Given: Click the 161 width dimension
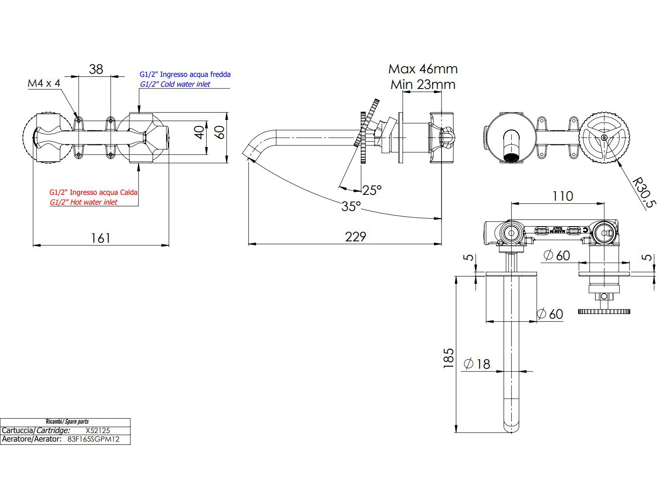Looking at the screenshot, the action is point(100,238).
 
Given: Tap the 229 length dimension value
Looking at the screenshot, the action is point(355,237).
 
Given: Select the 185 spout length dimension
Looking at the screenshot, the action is point(449,358).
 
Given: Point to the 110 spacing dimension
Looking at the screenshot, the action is point(563,196).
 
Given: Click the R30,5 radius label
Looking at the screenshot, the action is point(644,193).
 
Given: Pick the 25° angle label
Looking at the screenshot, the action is point(372,190).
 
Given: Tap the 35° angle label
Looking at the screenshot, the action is point(351,206).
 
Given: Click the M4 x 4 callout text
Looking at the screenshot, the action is point(44,83).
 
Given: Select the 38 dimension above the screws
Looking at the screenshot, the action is point(96,69).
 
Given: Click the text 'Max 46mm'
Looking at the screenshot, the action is point(423,69).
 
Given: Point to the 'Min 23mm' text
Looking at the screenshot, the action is point(423,84).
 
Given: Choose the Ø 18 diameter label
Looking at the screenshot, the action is point(477,364).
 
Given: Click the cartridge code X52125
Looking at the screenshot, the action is point(98,430).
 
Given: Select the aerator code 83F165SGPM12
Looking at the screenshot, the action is point(94,439).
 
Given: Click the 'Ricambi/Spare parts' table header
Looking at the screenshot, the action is point(67,421).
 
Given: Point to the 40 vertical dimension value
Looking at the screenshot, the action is point(200,133).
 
